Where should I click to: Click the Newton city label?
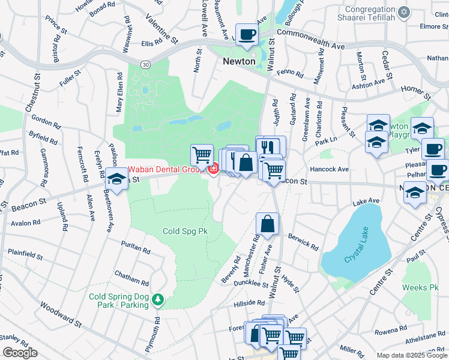click(x=239, y=62)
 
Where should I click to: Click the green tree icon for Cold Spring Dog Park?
click(x=158, y=298)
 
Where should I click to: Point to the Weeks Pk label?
click(x=417, y=287)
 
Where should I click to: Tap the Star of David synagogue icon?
click(x=404, y=12)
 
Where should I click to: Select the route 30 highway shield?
click(x=146, y=64)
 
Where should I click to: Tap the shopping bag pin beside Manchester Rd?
click(x=267, y=224)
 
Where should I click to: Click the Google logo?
click(x=20, y=353)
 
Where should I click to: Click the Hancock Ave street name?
click(x=329, y=170)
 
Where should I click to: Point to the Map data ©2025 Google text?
click(x=412, y=355)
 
